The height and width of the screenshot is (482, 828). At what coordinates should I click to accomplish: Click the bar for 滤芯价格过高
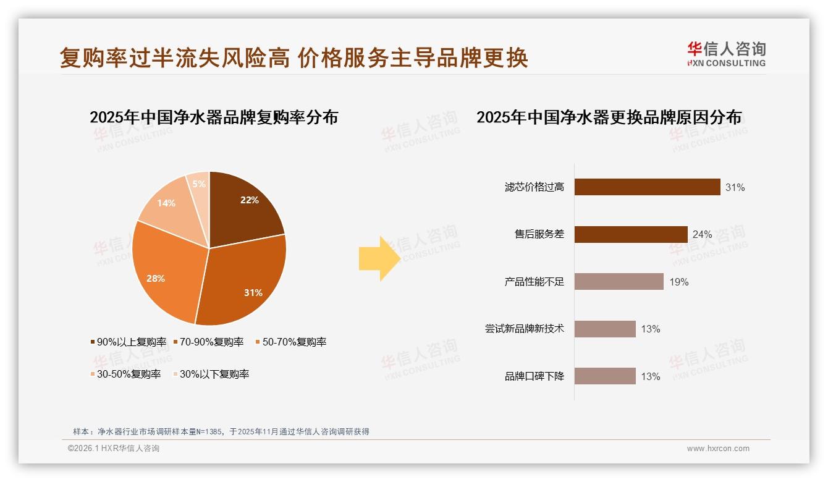point(647,187)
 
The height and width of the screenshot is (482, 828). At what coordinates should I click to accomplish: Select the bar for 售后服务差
point(631,234)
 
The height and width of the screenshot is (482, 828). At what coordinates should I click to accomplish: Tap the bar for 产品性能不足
point(619,282)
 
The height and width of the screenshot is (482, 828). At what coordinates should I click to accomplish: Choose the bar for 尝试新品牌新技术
point(605,329)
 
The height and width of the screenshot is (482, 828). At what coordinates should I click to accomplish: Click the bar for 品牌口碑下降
point(605,376)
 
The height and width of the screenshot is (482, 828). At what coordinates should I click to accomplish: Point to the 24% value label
point(702,235)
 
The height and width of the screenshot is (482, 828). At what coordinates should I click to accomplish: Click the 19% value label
point(678,282)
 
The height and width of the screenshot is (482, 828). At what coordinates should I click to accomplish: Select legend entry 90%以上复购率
point(129,342)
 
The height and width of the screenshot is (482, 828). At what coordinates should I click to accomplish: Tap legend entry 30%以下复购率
point(210,374)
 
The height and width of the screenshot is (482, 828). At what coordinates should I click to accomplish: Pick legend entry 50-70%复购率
point(290,342)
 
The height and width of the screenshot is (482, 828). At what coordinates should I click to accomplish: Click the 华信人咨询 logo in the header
point(726,54)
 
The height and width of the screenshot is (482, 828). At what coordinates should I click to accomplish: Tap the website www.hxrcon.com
point(717,449)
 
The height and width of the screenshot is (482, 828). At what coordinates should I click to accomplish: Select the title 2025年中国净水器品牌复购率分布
point(214,117)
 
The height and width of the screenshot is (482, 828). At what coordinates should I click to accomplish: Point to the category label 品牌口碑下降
point(534,376)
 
